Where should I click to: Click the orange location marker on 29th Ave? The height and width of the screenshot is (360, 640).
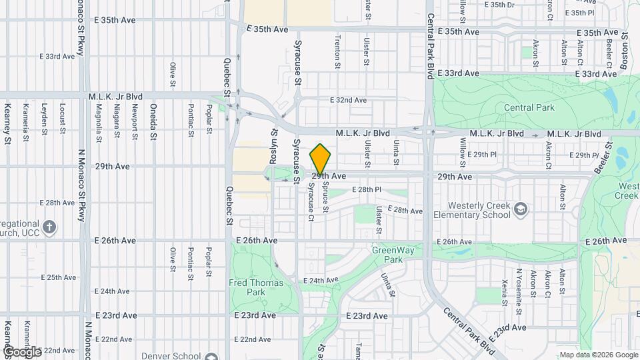(x=321, y=159)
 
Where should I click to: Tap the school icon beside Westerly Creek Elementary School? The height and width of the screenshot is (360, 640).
(x=521, y=211)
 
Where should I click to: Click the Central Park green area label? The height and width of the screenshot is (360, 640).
(x=529, y=107)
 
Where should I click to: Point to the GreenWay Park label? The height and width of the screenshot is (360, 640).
(x=388, y=255)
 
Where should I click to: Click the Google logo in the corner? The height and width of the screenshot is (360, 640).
(x=21, y=351)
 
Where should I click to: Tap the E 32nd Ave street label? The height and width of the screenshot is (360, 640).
(x=348, y=100)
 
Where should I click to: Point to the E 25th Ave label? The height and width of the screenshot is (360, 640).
(x=59, y=277)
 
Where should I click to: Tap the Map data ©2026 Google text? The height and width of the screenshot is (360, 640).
(x=597, y=355)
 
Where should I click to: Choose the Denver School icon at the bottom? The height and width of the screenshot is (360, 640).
(x=212, y=356)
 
